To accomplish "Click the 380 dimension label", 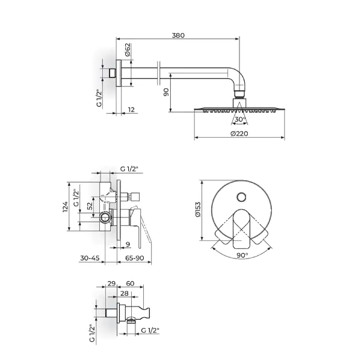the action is (178, 35).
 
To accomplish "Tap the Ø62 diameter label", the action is (128, 49).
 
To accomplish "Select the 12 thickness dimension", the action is (131, 110).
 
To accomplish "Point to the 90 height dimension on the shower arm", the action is (166, 92).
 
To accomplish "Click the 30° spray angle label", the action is (240, 120).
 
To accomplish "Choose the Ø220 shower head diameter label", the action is (239, 133).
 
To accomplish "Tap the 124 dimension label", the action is (66, 207).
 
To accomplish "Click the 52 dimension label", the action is (90, 206).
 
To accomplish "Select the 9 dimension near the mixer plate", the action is (128, 244).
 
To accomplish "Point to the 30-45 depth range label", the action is (90, 258).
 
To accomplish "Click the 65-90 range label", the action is (134, 258).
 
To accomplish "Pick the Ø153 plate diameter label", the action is (198, 209).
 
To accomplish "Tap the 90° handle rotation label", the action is (242, 255).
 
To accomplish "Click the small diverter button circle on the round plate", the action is (241, 197).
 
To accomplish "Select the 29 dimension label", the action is (111, 284).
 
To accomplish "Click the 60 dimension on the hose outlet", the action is (130, 284).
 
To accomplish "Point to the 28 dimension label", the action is (125, 293).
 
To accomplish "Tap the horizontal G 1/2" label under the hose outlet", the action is (150, 331).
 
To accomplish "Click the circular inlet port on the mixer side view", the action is (105, 218).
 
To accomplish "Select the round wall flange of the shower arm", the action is (119, 73).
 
